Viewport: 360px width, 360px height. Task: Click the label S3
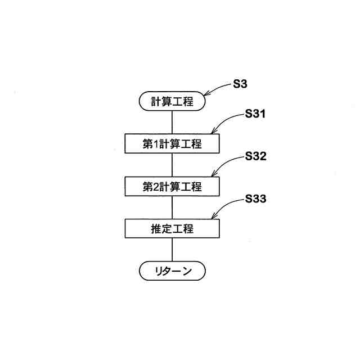(x=240, y=84)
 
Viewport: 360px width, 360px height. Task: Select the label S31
(x=255, y=114)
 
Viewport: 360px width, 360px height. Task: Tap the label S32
(x=255, y=157)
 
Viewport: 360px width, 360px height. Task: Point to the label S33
(x=255, y=199)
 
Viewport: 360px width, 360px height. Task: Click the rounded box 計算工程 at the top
(x=172, y=102)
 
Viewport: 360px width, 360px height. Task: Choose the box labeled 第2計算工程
(x=172, y=187)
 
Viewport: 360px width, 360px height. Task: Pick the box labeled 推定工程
(x=172, y=229)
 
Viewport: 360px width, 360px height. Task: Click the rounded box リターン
(x=172, y=271)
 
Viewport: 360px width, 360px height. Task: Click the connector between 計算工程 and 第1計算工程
(x=172, y=123)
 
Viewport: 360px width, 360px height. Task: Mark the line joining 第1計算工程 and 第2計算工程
(x=172, y=165)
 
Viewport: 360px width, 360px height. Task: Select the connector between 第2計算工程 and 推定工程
(x=172, y=208)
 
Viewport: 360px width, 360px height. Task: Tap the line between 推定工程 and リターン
(x=172, y=250)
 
